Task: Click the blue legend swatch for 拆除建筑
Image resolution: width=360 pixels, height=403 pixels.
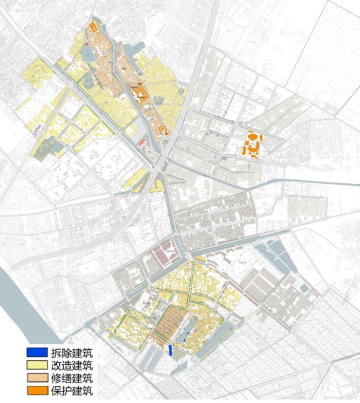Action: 37,353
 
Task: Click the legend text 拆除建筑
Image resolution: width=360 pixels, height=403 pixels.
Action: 71,353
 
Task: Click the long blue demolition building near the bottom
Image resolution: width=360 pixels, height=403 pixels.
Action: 171,350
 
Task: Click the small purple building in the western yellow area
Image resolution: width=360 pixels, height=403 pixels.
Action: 38,130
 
